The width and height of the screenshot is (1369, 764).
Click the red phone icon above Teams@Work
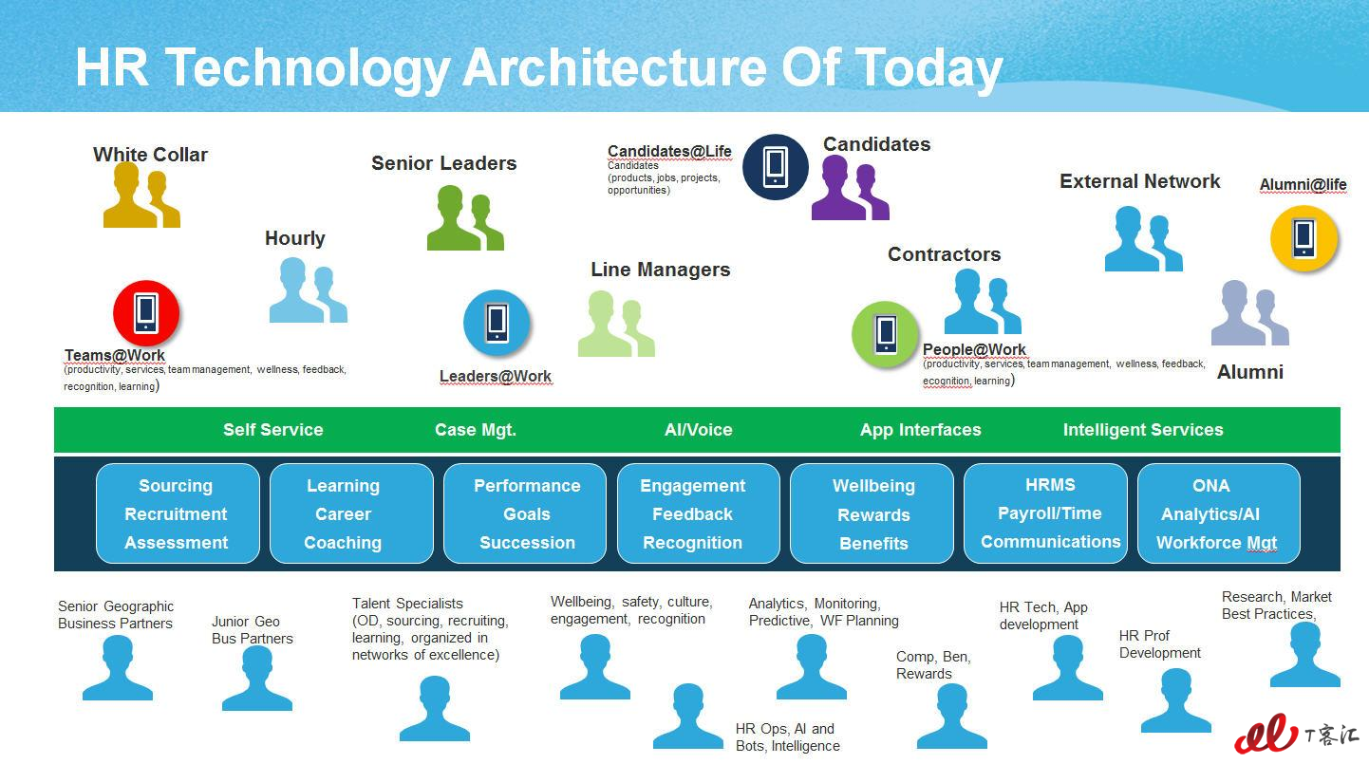146,313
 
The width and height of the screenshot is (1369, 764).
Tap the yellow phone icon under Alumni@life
1303,238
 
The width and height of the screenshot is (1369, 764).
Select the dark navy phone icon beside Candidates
776,167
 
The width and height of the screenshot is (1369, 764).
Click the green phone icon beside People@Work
885,334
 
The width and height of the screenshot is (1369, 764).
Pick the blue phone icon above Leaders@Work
497,323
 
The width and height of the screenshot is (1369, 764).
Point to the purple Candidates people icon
850,188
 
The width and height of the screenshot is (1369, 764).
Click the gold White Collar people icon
141,195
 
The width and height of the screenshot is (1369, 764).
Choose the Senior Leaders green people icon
466,217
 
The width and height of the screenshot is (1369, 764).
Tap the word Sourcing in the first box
176,486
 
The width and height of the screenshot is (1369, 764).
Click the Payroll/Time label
1049,513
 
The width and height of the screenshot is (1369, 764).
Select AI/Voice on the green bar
698,430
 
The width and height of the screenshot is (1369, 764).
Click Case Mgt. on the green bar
476,430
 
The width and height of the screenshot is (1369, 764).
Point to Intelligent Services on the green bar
1143,430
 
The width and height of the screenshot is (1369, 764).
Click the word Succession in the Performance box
528,543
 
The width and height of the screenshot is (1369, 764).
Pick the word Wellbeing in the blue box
874,486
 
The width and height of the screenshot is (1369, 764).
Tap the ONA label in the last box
1211,486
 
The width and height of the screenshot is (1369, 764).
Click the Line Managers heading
661,270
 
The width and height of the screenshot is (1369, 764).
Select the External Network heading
1140,181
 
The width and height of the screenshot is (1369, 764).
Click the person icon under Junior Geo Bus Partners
257,678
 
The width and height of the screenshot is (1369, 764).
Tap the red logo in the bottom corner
1266,734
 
